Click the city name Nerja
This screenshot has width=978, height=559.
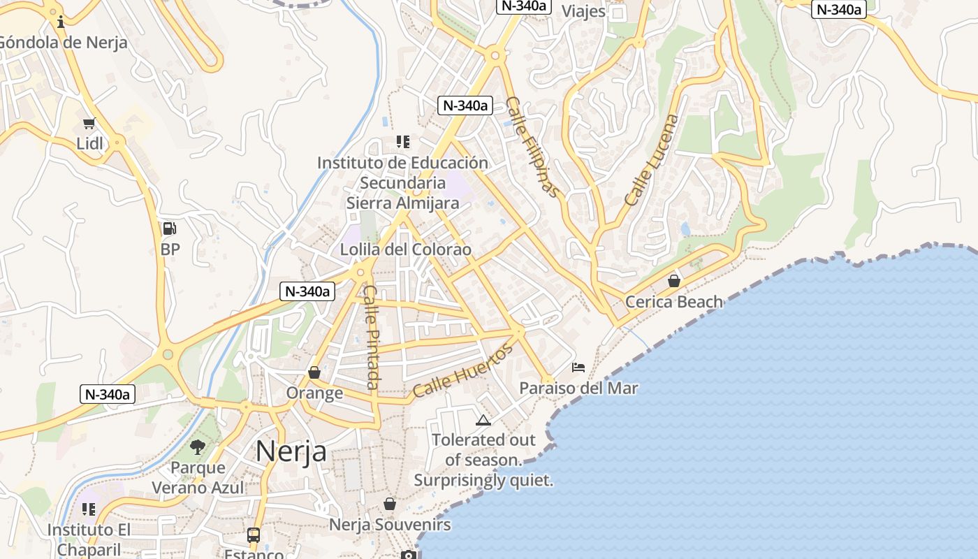coord(291,451)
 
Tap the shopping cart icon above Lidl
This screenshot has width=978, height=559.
coord(89,124)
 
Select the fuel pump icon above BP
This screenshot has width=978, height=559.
coord(169,228)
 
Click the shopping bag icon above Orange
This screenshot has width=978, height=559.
coord(314,372)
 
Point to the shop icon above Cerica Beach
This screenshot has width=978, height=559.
coord(674,281)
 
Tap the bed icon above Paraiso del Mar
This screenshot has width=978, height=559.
coord(578,367)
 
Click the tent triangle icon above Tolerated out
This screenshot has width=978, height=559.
coord(483,420)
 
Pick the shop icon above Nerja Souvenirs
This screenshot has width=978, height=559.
coord(390,504)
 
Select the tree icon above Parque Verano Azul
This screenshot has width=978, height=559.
coord(198,447)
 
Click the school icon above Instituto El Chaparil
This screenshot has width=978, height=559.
coord(89,509)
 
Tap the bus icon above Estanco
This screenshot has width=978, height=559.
coord(254,535)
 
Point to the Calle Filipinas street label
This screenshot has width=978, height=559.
coord(532,147)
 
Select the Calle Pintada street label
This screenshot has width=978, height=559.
coord(372,337)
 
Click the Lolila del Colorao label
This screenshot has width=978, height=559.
coord(405,249)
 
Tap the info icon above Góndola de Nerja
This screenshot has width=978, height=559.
coord(61,22)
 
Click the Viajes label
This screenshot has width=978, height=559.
coord(583,11)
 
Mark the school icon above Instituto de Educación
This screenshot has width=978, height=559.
coord(402,142)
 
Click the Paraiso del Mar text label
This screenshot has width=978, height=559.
coord(578,388)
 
